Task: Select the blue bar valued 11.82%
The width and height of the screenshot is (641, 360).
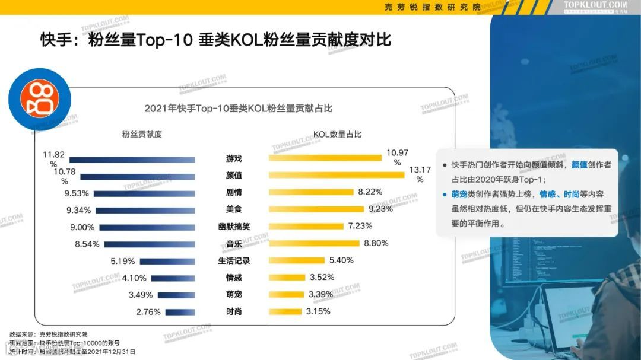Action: [132, 159]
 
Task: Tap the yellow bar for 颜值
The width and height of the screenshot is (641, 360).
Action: [337, 175]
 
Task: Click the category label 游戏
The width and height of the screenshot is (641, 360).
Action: [234, 159]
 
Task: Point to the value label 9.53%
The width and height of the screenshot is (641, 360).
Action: [77, 193]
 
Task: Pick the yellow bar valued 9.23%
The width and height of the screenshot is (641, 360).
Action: [316, 209]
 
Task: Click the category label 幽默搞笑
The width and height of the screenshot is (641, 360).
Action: [234, 227]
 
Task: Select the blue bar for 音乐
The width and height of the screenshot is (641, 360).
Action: [149, 244]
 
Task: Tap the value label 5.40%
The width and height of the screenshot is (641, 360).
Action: [341, 260]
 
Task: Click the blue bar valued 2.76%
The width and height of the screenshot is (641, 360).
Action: [180, 312]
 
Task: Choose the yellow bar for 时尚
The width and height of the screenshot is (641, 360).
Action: [285, 311]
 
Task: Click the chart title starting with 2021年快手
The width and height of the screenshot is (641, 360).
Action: [238, 109]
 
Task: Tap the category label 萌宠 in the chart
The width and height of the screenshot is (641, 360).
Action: [234, 295]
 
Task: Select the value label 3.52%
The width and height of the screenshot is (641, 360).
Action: [322, 278]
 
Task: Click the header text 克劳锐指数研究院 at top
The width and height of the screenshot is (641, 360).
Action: [432, 7]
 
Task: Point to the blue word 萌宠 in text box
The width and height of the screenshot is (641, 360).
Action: [459, 194]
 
